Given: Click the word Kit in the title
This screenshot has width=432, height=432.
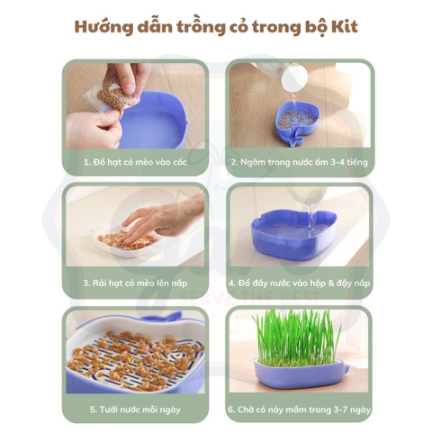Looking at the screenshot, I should [344, 26].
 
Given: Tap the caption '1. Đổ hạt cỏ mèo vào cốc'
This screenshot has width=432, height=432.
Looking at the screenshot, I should [134, 163].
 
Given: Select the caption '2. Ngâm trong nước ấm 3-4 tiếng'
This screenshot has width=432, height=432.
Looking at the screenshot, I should [298, 163].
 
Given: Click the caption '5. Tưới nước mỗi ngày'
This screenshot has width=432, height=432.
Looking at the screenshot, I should [134, 408].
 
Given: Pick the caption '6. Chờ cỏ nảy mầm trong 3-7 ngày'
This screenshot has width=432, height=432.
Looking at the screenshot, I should [298, 408].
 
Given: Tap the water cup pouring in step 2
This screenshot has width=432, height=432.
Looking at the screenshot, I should [293, 83].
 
